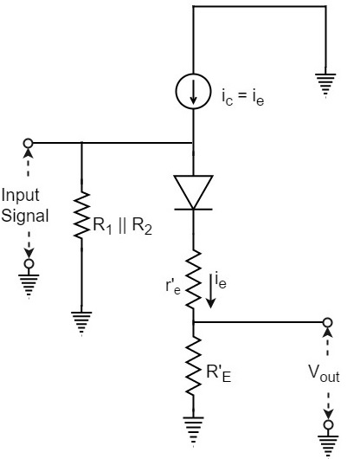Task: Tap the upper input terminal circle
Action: [29, 143]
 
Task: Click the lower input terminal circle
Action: [29, 263]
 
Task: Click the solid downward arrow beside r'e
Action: [211, 290]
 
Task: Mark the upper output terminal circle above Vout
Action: [328, 324]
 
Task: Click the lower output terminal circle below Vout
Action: [328, 426]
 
